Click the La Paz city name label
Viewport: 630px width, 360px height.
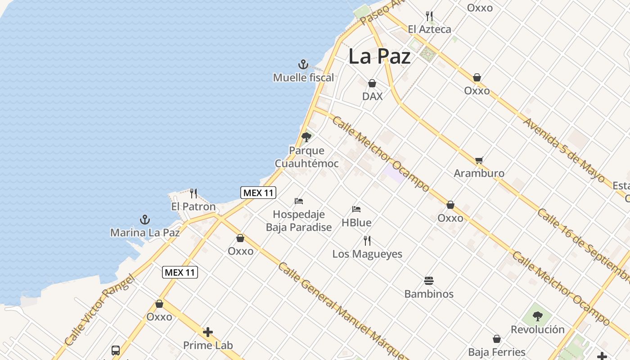(379, 57)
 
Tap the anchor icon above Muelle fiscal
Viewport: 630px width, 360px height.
(303, 64)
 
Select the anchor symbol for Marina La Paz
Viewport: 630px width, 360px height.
(145, 220)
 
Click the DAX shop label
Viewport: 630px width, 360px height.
(372, 96)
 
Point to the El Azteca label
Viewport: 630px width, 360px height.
(429, 29)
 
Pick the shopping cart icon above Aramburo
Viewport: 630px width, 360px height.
(479, 160)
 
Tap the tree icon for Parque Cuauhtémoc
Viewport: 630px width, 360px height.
(306, 137)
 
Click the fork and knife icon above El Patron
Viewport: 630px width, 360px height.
(193, 193)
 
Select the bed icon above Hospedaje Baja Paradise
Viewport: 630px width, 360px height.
(299, 201)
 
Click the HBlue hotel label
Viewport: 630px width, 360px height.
(356, 222)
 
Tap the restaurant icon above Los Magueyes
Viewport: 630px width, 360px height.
(367, 241)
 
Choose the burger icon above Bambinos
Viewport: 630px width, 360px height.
(429, 281)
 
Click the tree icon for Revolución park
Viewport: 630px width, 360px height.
(537, 316)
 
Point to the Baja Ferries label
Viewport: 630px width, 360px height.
(497, 352)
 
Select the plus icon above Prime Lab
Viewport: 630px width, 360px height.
(208, 332)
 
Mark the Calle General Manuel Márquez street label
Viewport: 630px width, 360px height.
(342, 310)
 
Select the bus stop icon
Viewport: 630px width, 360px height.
(116, 350)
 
